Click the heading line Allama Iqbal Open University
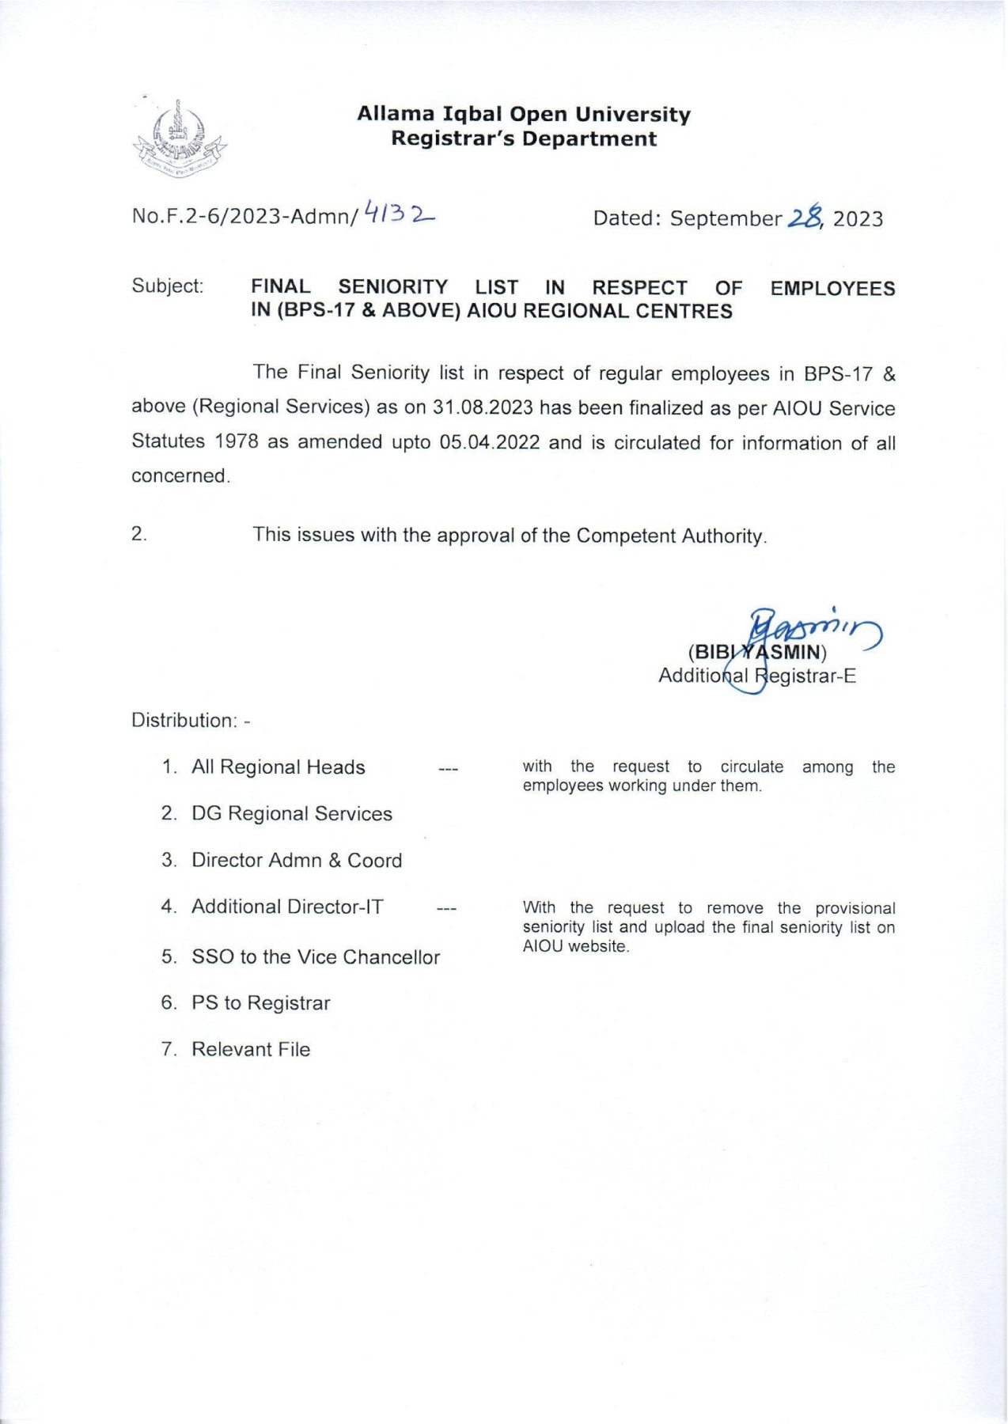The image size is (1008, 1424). [523, 115]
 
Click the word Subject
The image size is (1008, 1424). [167, 286]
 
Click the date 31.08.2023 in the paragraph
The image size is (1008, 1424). [483, 408]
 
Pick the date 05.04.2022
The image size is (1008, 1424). [490, 442]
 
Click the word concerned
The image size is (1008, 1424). [180, 476]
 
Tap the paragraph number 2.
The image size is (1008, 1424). [139, 535]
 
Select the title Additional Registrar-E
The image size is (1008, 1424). [757, 676]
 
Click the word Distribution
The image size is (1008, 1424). [183, 721]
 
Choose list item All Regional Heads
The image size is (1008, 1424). [278, 767]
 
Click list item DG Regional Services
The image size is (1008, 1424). [291, 814]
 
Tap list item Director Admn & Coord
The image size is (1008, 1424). [297, 861]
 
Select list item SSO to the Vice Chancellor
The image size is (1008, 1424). [315, 957]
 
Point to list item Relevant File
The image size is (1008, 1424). [251, 1050]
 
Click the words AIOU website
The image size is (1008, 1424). [575, 947]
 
